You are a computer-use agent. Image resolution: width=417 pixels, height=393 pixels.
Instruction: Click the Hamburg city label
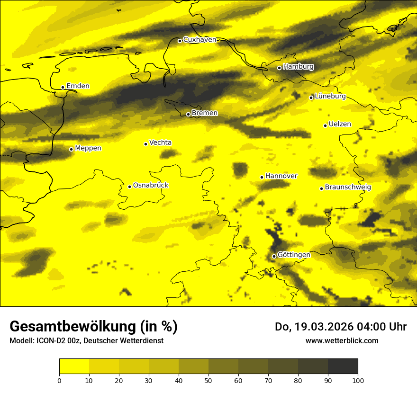coord(298,67)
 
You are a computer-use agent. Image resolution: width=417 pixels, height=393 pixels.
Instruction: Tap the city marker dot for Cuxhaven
coord(180,41)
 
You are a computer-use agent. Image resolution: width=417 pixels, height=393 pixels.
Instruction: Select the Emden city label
coord(78,86)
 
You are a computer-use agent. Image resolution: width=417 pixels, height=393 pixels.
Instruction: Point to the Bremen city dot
coord(188,114)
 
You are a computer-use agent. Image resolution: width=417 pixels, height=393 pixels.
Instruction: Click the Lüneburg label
coord(330,96)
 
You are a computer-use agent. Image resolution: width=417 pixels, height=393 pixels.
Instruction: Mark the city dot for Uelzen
coord(325,125)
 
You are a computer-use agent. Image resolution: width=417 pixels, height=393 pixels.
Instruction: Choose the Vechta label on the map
coord(160,143)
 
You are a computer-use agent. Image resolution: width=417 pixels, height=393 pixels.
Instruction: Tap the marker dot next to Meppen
coord(71,149)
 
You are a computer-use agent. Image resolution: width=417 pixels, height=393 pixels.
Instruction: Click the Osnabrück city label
coord(151,185)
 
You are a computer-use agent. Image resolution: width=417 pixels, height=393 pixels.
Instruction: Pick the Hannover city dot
coord(262,177)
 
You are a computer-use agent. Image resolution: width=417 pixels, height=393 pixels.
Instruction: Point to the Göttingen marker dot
coord(274,256)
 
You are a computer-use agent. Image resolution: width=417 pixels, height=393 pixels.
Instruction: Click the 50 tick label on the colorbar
coord(208,380)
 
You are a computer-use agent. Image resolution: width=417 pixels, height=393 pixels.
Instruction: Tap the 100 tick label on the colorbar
coord(358,380)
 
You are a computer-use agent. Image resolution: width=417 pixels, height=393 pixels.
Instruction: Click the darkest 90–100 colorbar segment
coord(343,366)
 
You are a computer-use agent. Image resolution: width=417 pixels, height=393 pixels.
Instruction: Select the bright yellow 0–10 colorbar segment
coord(74,366)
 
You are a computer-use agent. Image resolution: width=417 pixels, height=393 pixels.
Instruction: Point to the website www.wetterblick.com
coord(342,340)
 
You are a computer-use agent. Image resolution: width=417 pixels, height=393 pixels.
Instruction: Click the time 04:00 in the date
coord(367,327)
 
